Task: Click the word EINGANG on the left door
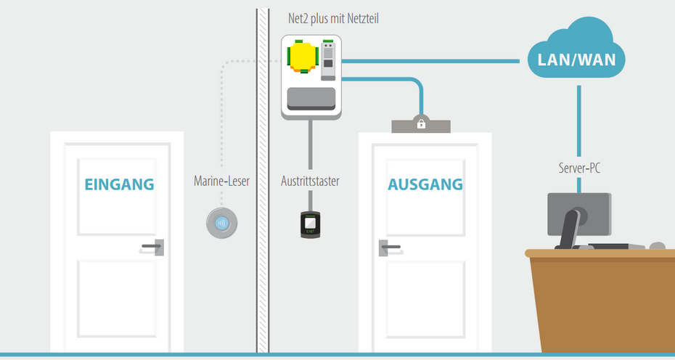pos(119,184)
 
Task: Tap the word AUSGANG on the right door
pos(425,184)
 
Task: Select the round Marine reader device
pos(222,223)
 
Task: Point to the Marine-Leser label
pos(221,181)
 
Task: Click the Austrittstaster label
pos(311,181)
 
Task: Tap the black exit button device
pos(311,224)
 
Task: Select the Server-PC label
pos(579,169)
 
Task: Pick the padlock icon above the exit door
pos(421,124)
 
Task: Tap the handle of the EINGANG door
pos(153,247)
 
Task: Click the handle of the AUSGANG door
pos(390,248)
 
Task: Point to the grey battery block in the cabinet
pos(311,99)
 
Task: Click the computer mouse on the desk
pos(657,246)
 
